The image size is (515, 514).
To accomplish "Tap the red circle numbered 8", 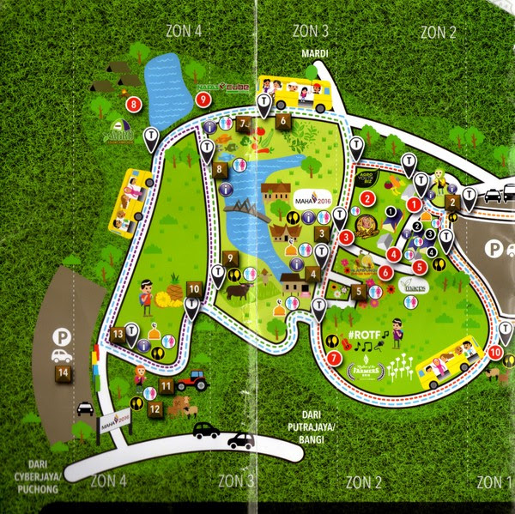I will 133,105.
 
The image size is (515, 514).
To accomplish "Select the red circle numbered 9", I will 203,100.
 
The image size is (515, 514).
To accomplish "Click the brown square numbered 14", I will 63,373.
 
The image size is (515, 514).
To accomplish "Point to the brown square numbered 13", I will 118,334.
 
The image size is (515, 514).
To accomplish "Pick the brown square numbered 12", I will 154,410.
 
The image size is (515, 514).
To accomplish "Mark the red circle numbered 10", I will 495,352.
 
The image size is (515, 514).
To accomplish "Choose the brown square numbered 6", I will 282,122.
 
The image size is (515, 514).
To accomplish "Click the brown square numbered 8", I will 221,170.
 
